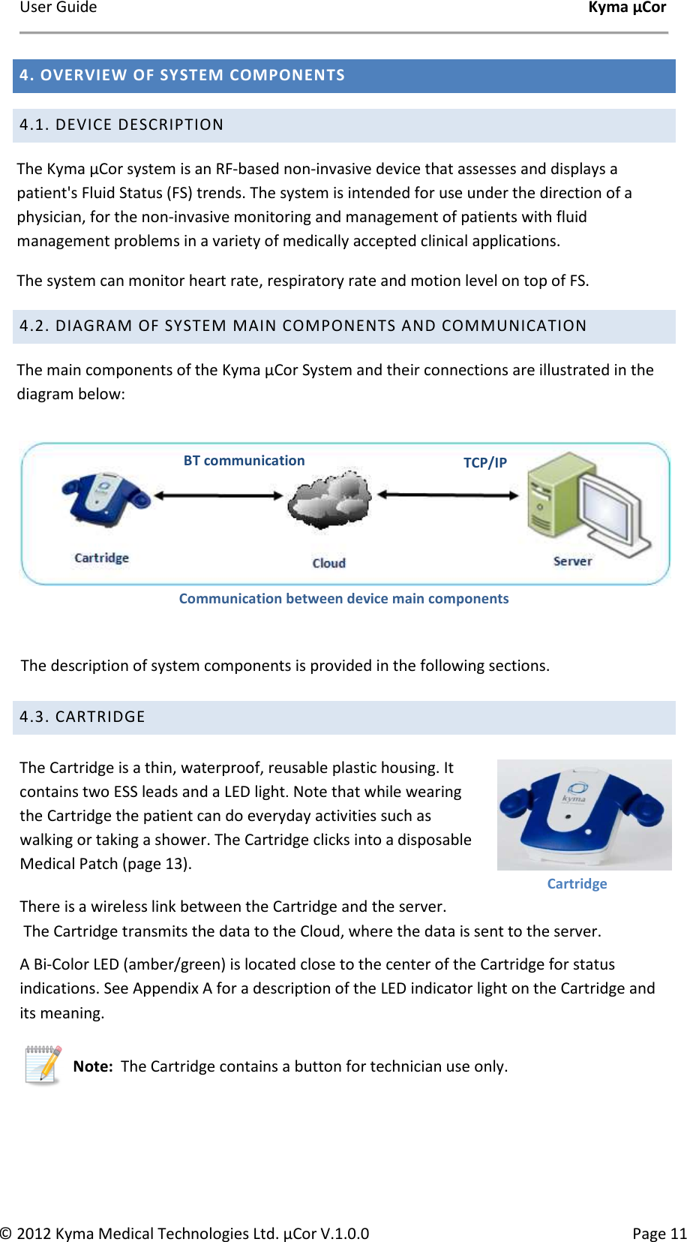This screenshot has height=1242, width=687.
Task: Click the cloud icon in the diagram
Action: coord(330,501)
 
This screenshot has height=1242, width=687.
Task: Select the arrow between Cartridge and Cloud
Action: coord(218,495)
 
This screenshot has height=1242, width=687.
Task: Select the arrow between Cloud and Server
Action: coord(448,495)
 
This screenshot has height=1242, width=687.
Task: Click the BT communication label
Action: coord(244,461)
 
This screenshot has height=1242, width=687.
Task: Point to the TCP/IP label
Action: coord(484,462)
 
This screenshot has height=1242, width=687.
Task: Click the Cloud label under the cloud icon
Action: coord(328,563)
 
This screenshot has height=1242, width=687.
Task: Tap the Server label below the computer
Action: coord(572,561)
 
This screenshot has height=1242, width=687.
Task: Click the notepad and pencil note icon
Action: coord(43,1065)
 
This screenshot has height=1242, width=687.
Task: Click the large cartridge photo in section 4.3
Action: coord(583,814)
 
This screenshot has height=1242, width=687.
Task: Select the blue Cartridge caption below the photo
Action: coord(576,883)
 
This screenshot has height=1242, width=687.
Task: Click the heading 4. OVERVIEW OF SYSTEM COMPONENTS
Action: coord(182,75)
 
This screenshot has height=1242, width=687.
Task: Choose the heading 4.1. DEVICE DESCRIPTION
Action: coord(121,125)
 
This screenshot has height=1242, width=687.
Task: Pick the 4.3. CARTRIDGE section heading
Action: coord(82,717)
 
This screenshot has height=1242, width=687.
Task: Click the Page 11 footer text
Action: coord(658,1233)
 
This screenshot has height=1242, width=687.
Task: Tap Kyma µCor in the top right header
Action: coord(626,8)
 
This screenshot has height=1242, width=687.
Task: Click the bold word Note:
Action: coord(93,1066)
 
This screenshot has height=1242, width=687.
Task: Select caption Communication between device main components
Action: coord(343,599)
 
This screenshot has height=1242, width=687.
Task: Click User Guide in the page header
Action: coord(58,8)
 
